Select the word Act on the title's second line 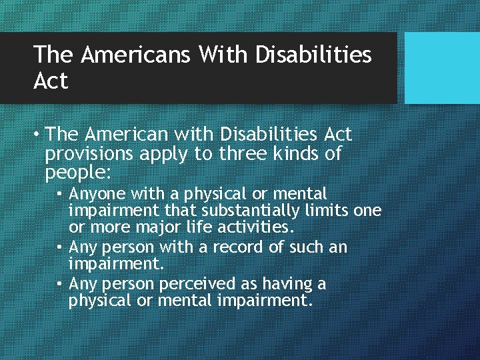(51, 81)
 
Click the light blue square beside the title (442, 68)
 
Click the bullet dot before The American (39, 135)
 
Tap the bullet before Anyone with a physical (61, 195)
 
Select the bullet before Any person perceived (61, 285)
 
